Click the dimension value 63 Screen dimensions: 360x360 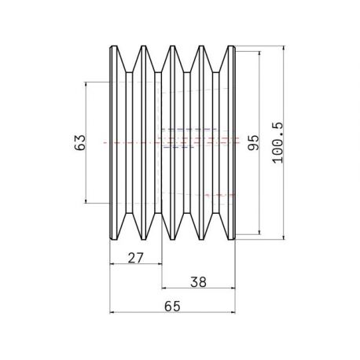80,142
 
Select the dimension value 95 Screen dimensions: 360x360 253,142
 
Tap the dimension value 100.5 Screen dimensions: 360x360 277,143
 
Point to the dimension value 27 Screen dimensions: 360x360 136,258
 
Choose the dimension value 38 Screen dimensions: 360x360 198,282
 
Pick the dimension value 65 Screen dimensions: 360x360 172,307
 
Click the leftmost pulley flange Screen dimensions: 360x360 113,142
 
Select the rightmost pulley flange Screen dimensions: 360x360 231,142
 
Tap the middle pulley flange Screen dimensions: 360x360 172,142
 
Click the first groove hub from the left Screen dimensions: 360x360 129,142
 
